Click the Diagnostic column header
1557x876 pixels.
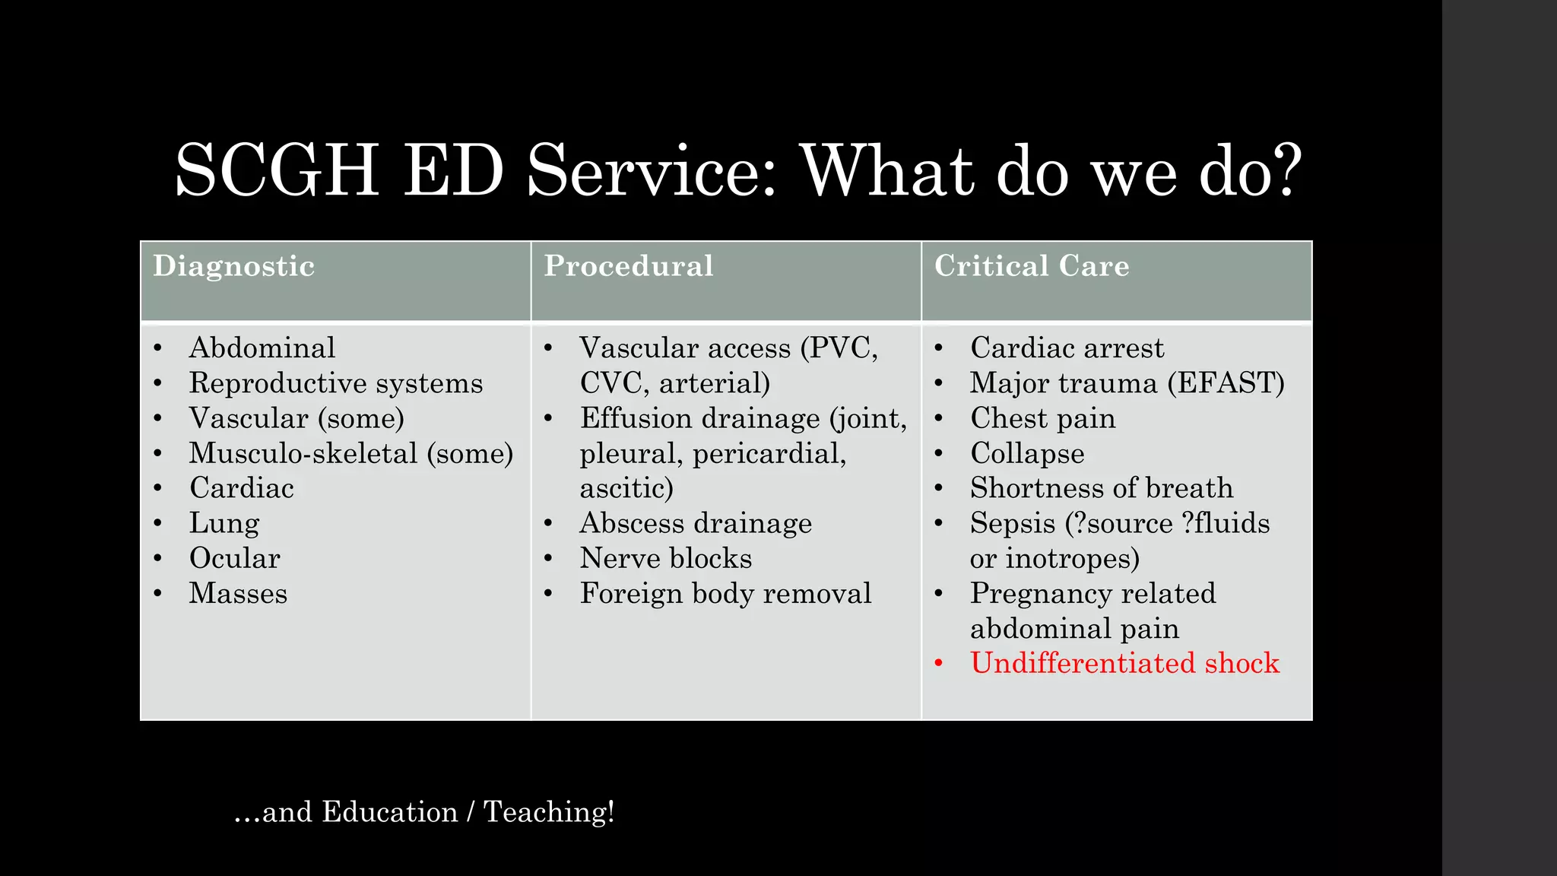coord(233,267)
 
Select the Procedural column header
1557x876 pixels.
coord(628,267)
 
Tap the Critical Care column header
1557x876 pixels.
coord(1031,267)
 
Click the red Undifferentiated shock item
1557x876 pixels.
coord(1124,664)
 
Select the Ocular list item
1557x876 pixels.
coord(234,559)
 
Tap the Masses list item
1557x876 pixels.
coord(238,594)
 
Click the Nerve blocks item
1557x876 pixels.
coord(665,559)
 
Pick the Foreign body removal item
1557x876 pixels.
coord(725,594)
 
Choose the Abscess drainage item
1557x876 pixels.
coord(696,524)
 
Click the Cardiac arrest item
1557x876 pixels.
coord(1067,348)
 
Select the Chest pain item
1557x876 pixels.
coord(1042,419)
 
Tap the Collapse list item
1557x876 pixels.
coord(1027,454)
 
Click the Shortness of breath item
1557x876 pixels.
coord(1101,488)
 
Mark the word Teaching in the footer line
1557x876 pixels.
coord(548,812)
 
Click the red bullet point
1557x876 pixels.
coord(939,664)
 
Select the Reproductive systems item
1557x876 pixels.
coord(335,383)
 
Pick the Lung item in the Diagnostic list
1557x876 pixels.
coord(224,524)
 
